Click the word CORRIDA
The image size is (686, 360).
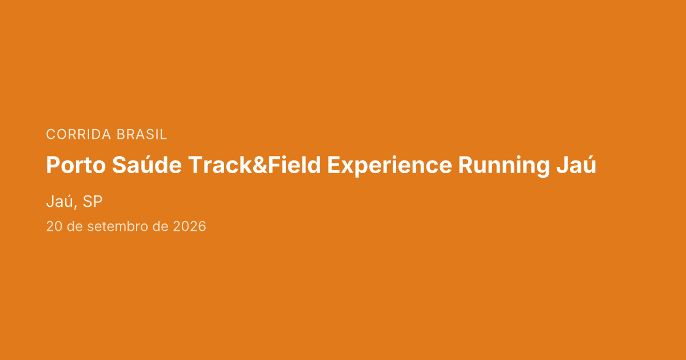(78, 134)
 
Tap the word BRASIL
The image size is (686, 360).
(142, 134)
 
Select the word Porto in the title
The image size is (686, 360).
(76, 165)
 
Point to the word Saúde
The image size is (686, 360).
(147, 165)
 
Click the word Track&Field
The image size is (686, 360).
(254, 165)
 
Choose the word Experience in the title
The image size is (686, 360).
(389, 166)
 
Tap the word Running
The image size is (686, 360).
(504, 166)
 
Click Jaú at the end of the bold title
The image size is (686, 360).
(576, 165)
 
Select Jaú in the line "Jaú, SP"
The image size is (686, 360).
(59, 201)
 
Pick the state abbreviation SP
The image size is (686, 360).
(93, 201)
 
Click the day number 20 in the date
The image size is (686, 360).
(54, 226)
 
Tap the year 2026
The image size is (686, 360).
(189, 226)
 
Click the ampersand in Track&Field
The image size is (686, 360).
(260, 165)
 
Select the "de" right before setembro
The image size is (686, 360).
(75, 226)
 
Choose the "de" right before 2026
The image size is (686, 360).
(161, 226)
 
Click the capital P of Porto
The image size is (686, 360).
(53, 165)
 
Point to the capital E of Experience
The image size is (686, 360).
(333, 165)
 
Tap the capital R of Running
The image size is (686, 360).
(466, 165)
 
